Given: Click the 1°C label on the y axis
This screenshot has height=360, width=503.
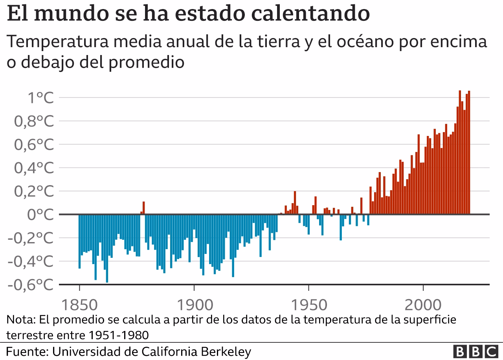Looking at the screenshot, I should coord(39,98).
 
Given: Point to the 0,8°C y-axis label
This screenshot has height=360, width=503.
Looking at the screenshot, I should coord(33,121).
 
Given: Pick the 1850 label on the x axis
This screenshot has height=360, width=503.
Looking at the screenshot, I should coord(79,305).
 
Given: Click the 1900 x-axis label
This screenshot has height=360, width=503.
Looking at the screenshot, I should coord(194,305).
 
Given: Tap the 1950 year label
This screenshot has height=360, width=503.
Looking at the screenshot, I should coord(308,305).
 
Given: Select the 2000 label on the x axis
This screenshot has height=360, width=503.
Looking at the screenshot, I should coord(423,305).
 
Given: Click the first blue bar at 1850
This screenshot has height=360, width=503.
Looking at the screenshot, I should coord(79,241).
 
